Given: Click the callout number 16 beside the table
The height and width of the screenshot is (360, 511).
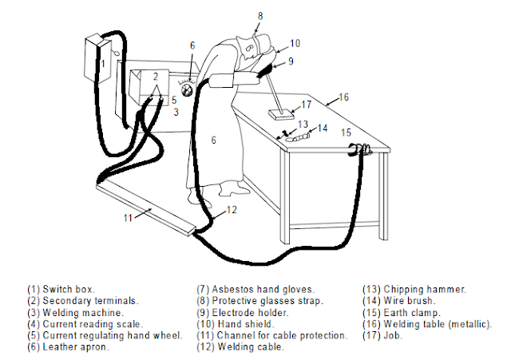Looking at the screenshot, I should (x=344, y=97).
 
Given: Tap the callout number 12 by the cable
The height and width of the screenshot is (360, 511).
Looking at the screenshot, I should (x=231, y=210).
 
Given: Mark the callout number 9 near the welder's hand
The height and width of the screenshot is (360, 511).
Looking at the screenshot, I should (x=291, y=61).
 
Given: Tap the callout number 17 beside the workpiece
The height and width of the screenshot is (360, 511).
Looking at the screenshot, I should (x=307, y=105).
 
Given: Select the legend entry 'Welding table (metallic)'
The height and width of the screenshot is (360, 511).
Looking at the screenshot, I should (x=427, y=324).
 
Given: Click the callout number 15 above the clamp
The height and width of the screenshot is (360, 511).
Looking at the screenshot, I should (x=347, y=132).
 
